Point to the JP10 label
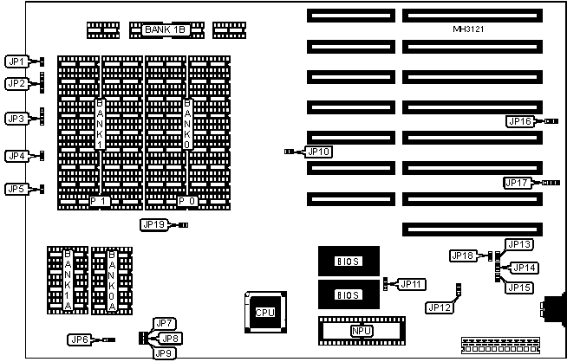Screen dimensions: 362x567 click(318, 152)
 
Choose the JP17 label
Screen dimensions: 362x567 click(518, 183)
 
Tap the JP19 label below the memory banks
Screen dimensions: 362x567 click(153, 224)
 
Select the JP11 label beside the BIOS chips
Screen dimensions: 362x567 click(411, 284)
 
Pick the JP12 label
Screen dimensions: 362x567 click(440, 306)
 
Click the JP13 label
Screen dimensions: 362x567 click(518, 245)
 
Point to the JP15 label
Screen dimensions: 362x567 click(518, 287)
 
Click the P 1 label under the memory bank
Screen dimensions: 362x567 click(101, 201)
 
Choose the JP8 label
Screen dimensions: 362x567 click(170, 338)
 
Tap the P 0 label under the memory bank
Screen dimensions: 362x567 click(187, 201)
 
